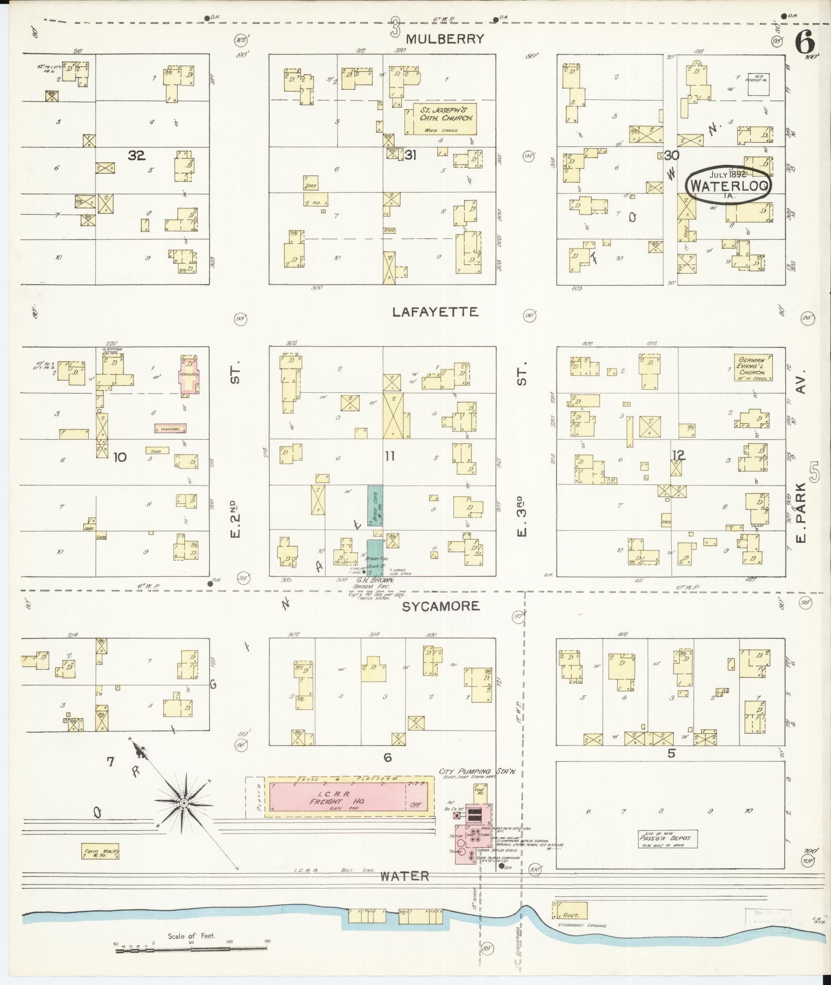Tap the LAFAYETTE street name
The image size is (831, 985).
435,312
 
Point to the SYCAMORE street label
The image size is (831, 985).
440,606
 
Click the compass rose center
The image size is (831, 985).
183,803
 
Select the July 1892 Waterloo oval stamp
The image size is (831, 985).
727,185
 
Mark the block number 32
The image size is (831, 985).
137,155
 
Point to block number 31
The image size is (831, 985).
410,154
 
